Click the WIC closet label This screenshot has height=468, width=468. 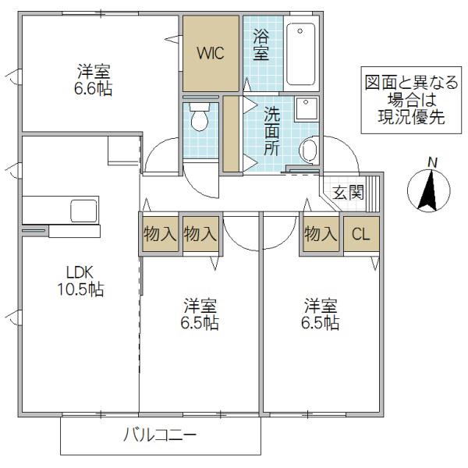click(x=211, y=53)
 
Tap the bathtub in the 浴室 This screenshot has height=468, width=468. click(x=301, y=54)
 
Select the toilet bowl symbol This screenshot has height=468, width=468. click(x=200, y=117)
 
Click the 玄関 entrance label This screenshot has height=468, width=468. click(x=349, y=192)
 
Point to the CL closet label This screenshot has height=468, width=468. click(x=361, y=234)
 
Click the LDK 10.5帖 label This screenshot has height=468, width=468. click(x=80, y=281)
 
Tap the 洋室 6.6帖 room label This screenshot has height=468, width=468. click(x=94, y=80)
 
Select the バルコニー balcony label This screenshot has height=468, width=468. click(x=160, y=434)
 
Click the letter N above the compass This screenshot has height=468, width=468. click(x=432, y=163)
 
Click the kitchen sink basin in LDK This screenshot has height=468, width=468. click(x=84, y=211)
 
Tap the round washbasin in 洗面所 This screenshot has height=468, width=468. click(x=309, y=149)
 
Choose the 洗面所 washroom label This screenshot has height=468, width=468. click(x=271, y=131)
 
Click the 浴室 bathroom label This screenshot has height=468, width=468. click(x=261, y=44)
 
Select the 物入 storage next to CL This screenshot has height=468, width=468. click(x=321, y=234)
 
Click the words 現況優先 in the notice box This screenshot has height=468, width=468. click(x=411, y=117)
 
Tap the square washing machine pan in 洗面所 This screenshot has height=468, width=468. click(x=307, y=109)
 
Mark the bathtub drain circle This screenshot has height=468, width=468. click(x=300, y=30)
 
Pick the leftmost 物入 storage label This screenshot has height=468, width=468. click(x=160, y=234)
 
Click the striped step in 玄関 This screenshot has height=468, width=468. click(x=373, y=193)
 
